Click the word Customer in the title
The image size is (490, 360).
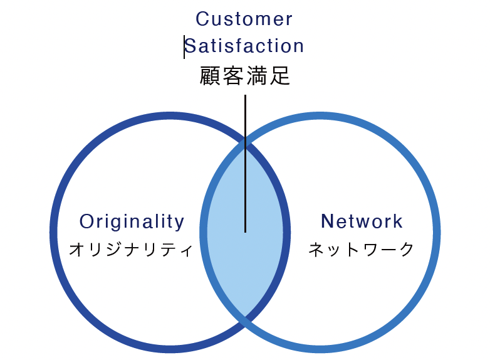(x=244, y=19)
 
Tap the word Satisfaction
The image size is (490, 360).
(x=244, y=46)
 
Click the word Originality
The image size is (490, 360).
(x=132, y=221)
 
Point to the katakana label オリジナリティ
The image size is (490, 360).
(x=130, y=250)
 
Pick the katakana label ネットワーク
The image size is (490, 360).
(x=362, y=250)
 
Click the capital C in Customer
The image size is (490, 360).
(x=202, y=19)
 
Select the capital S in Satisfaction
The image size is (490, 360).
(x=190, y=46)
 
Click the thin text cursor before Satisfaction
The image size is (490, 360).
(x=184, y=46)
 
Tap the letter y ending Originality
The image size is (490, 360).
(x=180, y=223)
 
